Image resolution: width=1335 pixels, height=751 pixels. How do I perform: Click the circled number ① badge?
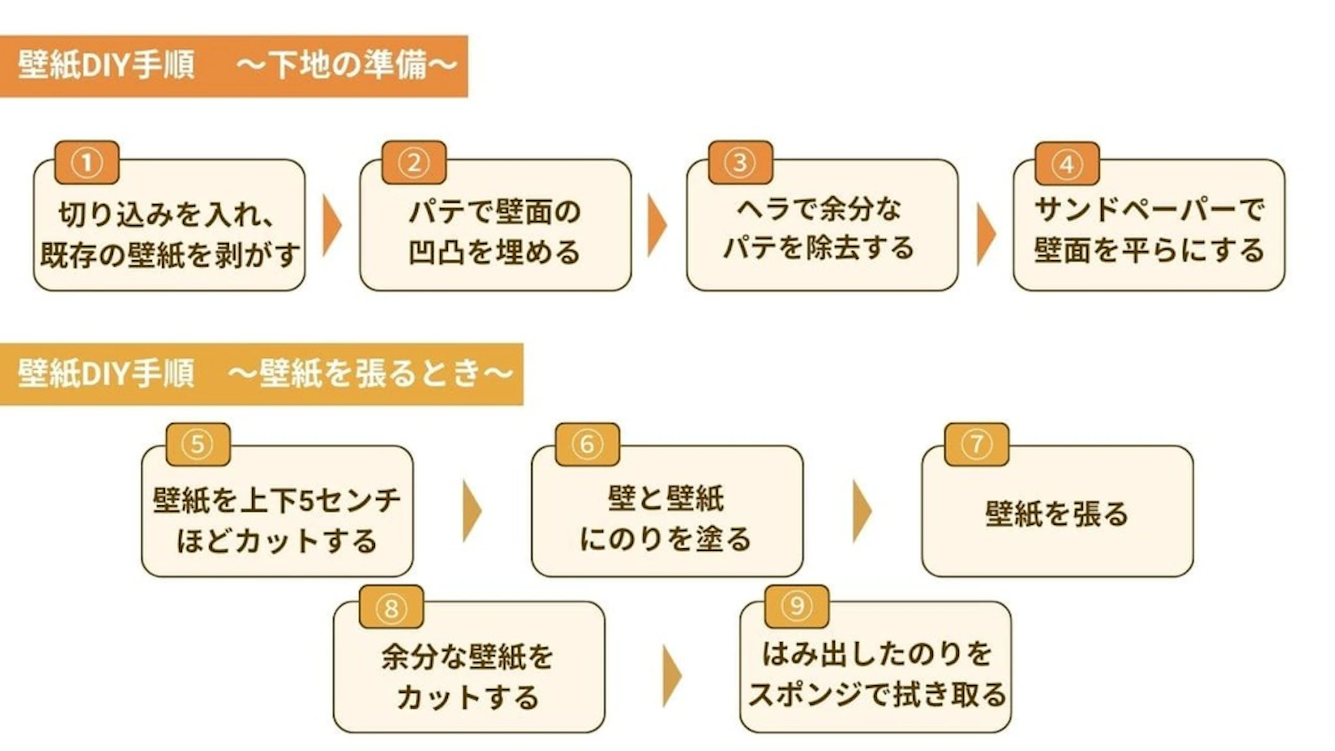tap(87, 163)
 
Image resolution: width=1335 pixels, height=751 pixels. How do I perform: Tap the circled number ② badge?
tap(414, 163)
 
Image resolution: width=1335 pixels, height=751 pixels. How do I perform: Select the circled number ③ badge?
tap(740, 163)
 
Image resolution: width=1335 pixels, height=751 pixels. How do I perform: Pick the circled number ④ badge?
tap(1067, 164)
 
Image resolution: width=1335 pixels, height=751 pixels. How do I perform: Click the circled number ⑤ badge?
tap(198, 445)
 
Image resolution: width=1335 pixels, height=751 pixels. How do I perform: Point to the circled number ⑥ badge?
tap(587, 445)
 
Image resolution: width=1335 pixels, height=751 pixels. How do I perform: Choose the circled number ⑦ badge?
tap(976, 445)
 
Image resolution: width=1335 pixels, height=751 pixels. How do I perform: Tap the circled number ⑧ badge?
tap(391, 607)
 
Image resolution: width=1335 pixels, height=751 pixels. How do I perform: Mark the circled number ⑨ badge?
tap(797, 606)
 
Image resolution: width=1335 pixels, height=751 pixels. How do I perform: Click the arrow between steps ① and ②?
tap(331, 226)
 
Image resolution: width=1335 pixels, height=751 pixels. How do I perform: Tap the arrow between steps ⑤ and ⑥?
tap(471, 511)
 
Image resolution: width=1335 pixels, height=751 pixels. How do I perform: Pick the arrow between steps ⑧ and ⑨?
tap(671, 676)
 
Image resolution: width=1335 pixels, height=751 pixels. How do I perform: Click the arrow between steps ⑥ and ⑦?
tap(862, 511)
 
